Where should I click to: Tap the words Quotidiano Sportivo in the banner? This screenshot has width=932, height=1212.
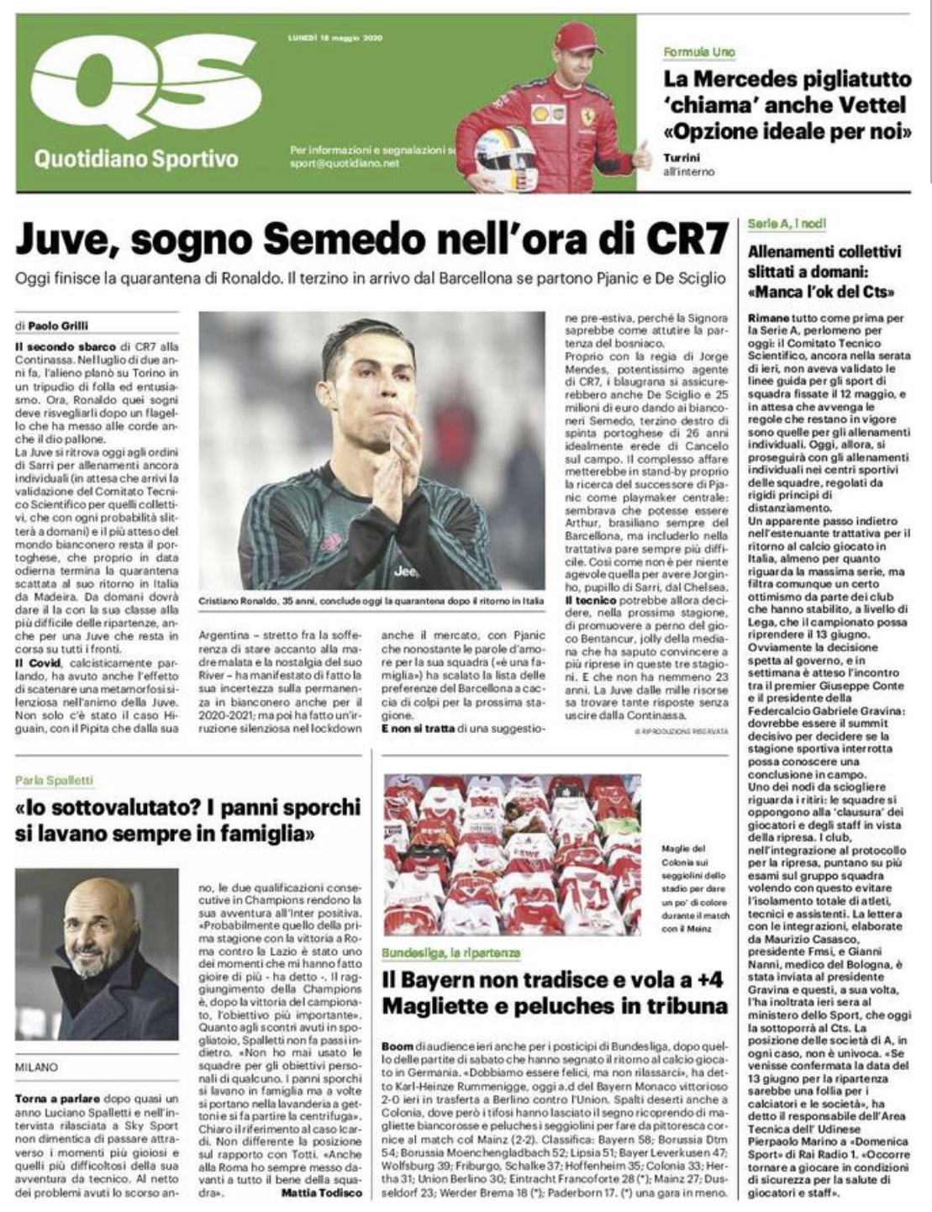[136, 158]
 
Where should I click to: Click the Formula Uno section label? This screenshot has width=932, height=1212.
[699, 52]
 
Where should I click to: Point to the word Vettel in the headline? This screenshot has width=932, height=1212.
[873, 106]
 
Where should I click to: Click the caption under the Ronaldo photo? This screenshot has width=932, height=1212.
[371, 602]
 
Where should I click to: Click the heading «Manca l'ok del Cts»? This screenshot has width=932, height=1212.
[820, 292]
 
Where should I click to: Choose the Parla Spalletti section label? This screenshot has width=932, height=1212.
[54, 780]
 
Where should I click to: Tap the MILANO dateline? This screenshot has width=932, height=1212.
[37, 1067]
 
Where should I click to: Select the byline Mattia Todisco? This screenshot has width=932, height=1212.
[322, 1193]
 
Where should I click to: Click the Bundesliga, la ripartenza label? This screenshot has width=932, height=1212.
[450, 953]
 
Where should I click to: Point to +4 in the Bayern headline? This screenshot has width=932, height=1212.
[703, 980]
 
